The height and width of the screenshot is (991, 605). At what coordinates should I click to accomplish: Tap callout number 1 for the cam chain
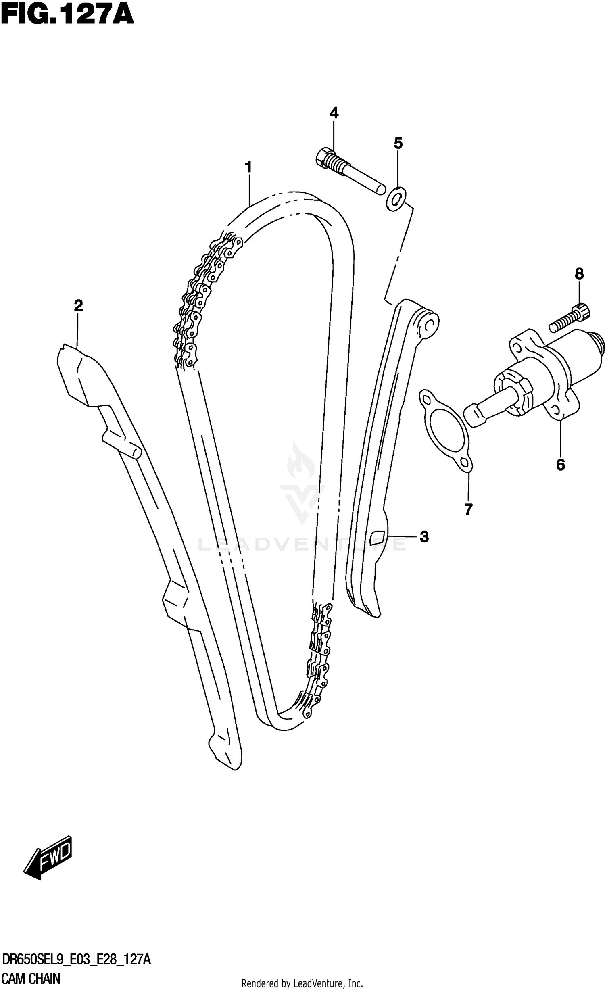pyautogui.click(x=248, y=167)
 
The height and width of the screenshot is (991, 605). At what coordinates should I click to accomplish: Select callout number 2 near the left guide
pyautogui.click(x=78, y=305)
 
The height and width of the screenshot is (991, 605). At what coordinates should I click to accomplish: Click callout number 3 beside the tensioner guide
pyautogui.click(x=424, y=537)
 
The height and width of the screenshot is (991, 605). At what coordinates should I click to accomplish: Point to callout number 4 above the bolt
pyautogui.click(x=334, y=113)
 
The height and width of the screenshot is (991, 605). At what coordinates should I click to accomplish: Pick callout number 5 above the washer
pyautogui.click(x=398, y=143)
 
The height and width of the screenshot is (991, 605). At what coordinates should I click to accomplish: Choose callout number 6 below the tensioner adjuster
pyautogui.click(x=561, y=465)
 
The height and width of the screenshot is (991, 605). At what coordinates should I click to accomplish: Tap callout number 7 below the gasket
pyautogui.click(x=468, y=510)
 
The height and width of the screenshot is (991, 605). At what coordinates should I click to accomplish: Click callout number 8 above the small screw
pyautogui.click(x=579, y=274)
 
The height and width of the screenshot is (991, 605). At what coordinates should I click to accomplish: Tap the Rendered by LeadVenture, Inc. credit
pyautogui.click(x=302, y=983)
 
